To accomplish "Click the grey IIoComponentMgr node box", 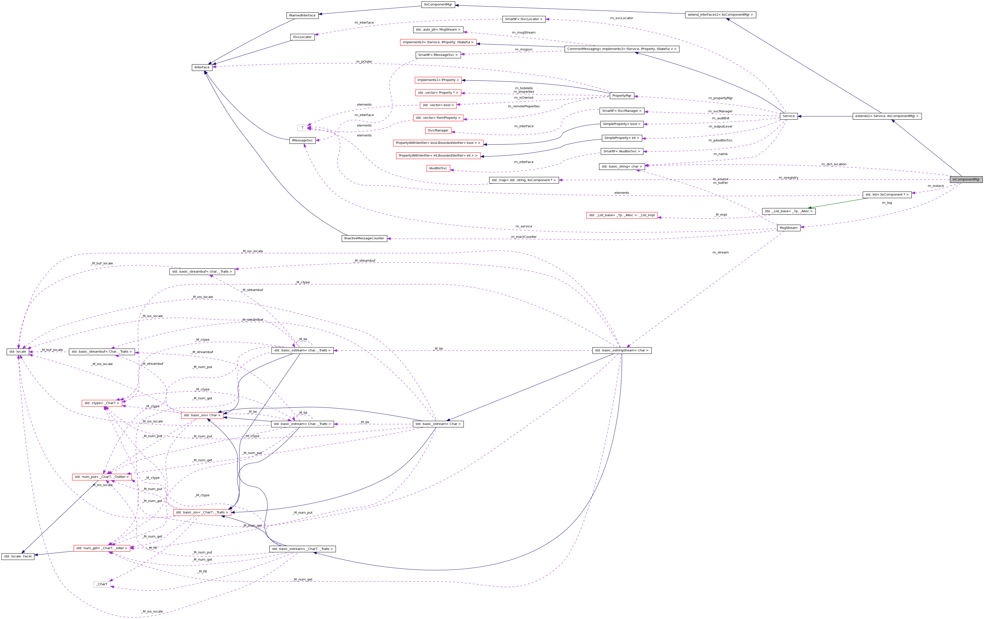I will pyautogui.click(x=966, y=179).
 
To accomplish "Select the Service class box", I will pyautogui.click(x=788, y=116).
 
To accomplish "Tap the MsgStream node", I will pyautogui.click(x=788, y=228).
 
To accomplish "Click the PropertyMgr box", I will pyautogui.click(x=621, y=96).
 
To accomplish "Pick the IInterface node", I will pyautogui.click(x=202, y=67).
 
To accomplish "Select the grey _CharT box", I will pyautogui.click(x=102, y=584).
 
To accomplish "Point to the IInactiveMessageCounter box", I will pyautogui.click(x=364, y=238).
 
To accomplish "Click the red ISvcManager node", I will pyautogui.click(x=438, y=130).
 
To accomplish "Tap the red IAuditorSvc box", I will pyautogui.click(x=438, y=168).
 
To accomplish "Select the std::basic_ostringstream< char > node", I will pyautogui.click(x=621, y=350).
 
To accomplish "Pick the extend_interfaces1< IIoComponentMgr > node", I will pyautogui.click(x=720, y=15).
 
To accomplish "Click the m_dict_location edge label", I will pyautogui.click(x=834, y=164).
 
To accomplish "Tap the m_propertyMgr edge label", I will pyautogui.click(x=720, y=98).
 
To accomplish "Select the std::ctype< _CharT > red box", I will pyautogui.click(x=102, y=403).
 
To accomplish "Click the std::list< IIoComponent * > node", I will pyautogui.click(x=887, y=195).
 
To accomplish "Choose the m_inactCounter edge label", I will pyautogui.click(x=523, y=237).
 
